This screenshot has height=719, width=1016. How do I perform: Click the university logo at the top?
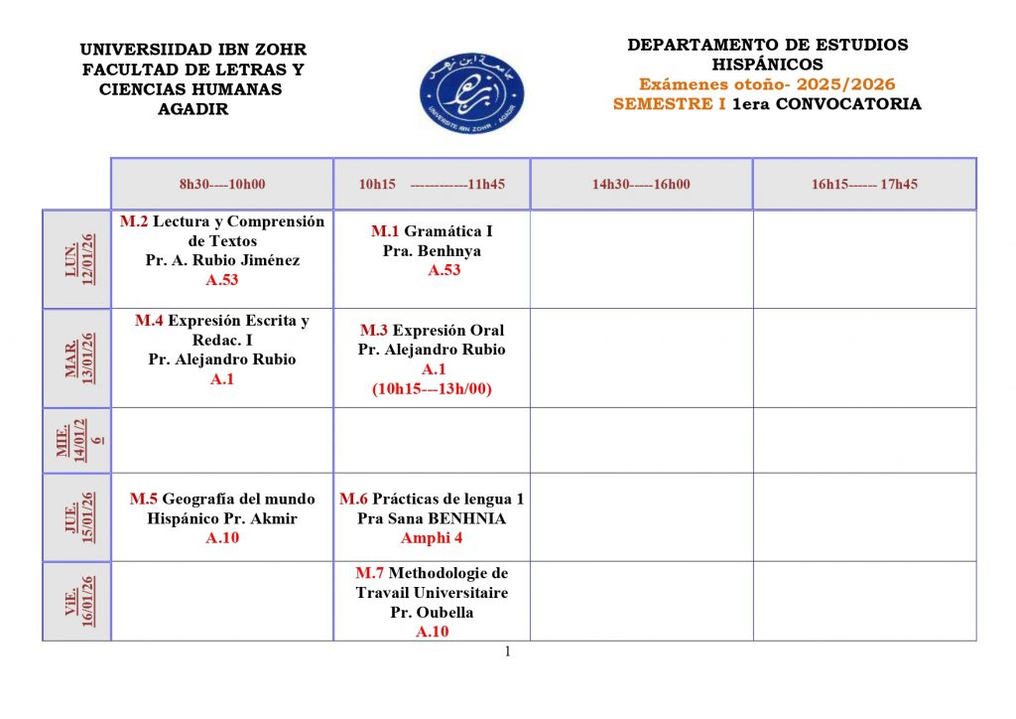[471, 92]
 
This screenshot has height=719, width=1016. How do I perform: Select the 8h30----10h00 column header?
[222, 184]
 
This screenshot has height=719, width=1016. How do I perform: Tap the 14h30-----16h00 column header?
[641, 184]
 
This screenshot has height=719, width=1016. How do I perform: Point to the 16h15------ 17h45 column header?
[864, 184]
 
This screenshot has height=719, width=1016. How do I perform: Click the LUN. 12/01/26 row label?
[76, 259]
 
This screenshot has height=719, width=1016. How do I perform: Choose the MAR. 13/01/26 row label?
[76, 358]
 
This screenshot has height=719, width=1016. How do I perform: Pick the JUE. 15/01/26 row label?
[76, 516]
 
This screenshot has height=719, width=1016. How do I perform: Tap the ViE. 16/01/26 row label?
[76, 601]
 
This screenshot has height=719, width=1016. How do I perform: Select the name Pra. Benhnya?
[432, 251]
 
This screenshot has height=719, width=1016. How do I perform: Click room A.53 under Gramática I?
[444, 270]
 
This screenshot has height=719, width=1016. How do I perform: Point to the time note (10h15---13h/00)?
[432, 389]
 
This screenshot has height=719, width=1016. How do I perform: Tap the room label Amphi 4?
[432, 538]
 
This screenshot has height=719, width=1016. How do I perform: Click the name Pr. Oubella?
[432, 612]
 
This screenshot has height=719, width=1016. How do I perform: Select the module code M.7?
[370, 573]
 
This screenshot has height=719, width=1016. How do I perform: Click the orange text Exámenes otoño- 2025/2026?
[767, 84]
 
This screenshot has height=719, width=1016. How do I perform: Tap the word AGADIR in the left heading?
[192, 109]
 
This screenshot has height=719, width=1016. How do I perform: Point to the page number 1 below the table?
[508, 651]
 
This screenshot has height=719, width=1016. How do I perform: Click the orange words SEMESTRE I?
[669, 103]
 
